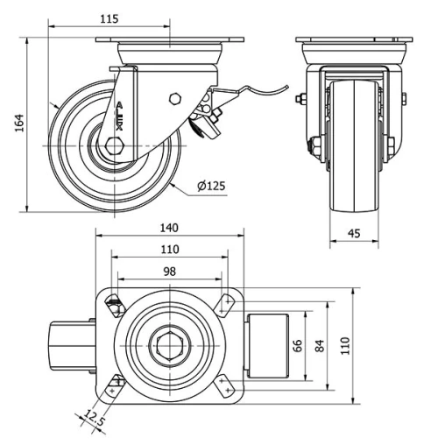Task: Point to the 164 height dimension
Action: [19, 124]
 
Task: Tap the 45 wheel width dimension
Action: [355, 233]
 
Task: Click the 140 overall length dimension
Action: [168, 227]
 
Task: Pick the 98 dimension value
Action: [168, 272]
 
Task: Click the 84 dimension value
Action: [320, 346]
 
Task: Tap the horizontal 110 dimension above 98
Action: [168, 250]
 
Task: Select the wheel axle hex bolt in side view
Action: [113, 146]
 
